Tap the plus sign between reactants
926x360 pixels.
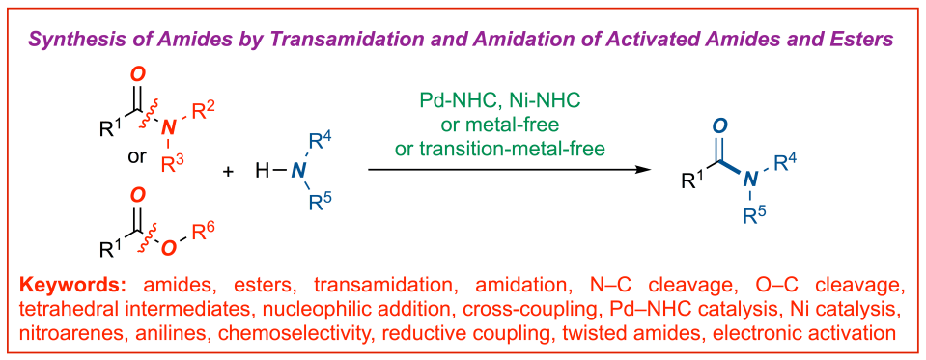coord(229,171)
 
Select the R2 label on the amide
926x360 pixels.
coord(203,108)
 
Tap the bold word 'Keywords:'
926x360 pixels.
coord(76,287)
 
